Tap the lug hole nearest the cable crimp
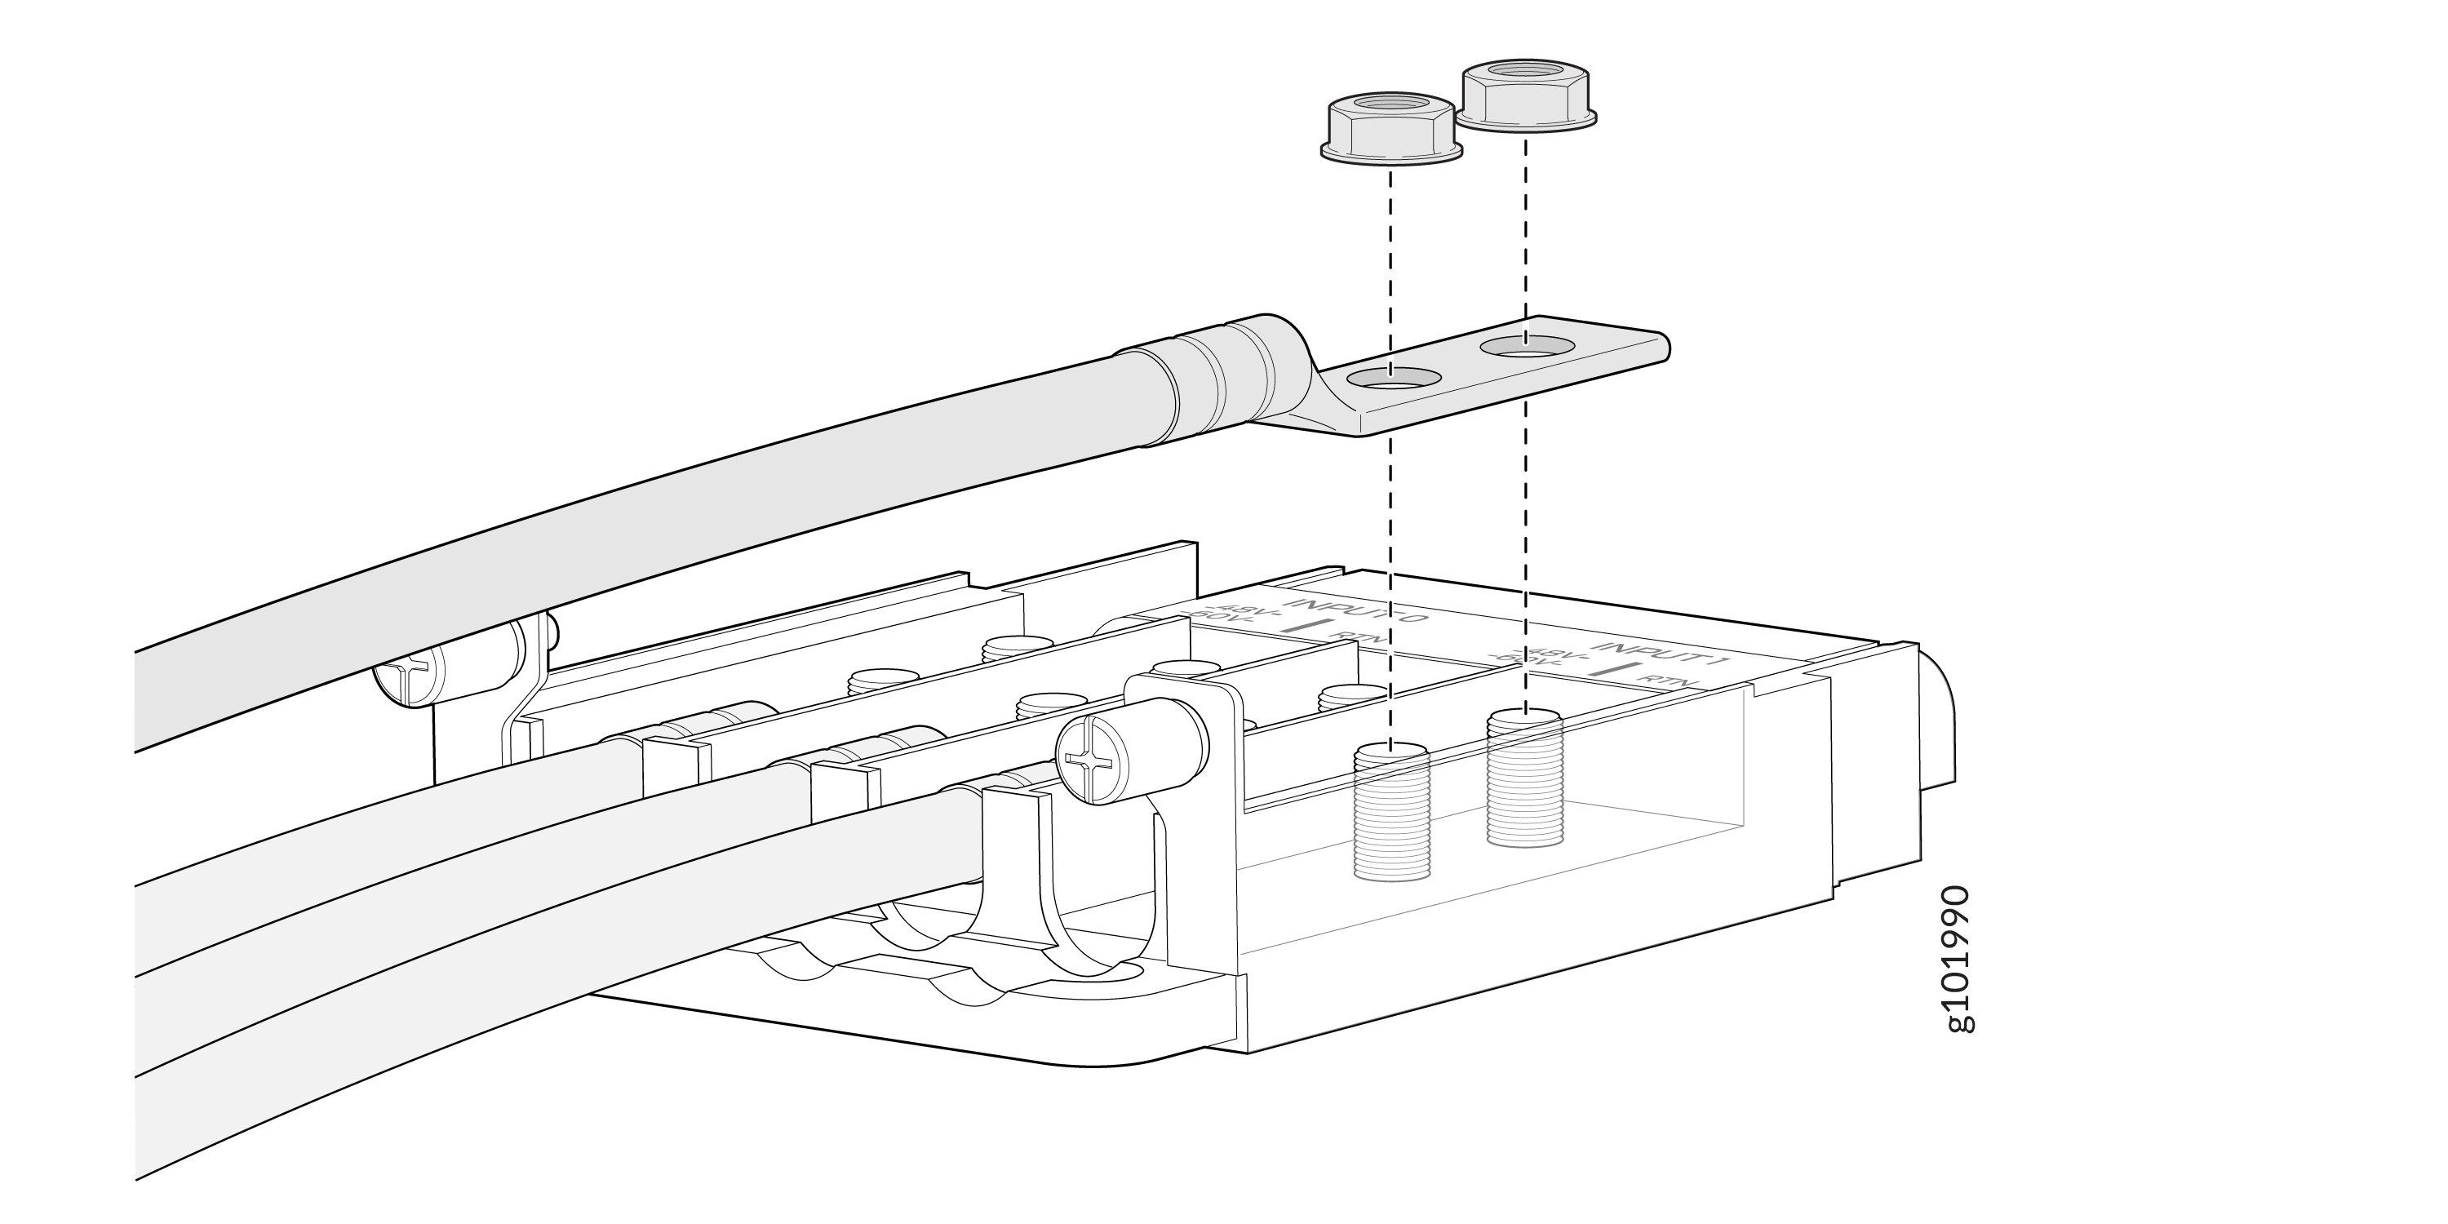point(1390,377)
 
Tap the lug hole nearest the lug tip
point(1524,348)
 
